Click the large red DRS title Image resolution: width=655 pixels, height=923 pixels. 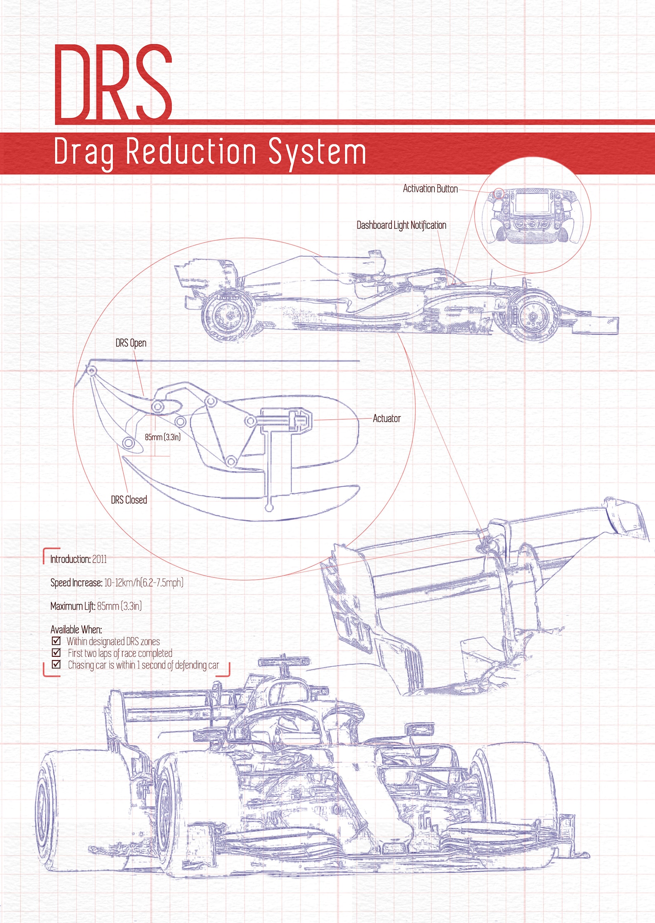coord(113,82)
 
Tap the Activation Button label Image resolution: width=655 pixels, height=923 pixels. coord(430,189)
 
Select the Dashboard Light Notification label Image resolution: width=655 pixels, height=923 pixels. coord(401,225)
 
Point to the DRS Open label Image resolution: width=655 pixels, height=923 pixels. coord(131,343)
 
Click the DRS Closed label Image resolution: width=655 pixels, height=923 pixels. coord(129,500)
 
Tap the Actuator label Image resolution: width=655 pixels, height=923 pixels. coord(386,418)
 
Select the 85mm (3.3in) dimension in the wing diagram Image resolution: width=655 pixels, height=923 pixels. coord(163,437)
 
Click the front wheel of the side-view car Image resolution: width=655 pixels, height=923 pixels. coord(533,316)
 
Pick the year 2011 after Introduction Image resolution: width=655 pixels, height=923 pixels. coord(99,559)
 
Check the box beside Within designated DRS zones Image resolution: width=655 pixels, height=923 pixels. coord(57,641)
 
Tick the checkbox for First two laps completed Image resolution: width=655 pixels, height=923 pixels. coord(57,652)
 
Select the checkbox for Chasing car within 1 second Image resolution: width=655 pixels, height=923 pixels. coord(57,664)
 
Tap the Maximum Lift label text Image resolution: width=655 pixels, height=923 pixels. coord(73,606)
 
